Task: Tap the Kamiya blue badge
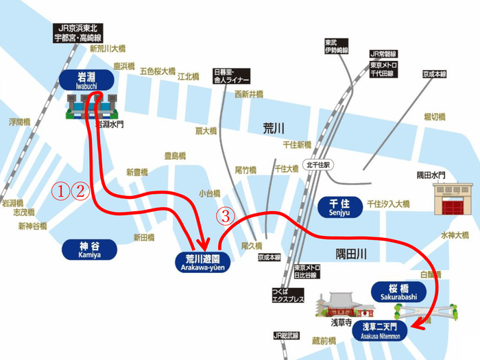90,250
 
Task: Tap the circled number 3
227,216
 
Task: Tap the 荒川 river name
274,128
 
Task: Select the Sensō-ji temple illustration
337,304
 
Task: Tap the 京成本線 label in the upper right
434,73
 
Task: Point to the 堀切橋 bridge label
433,117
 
